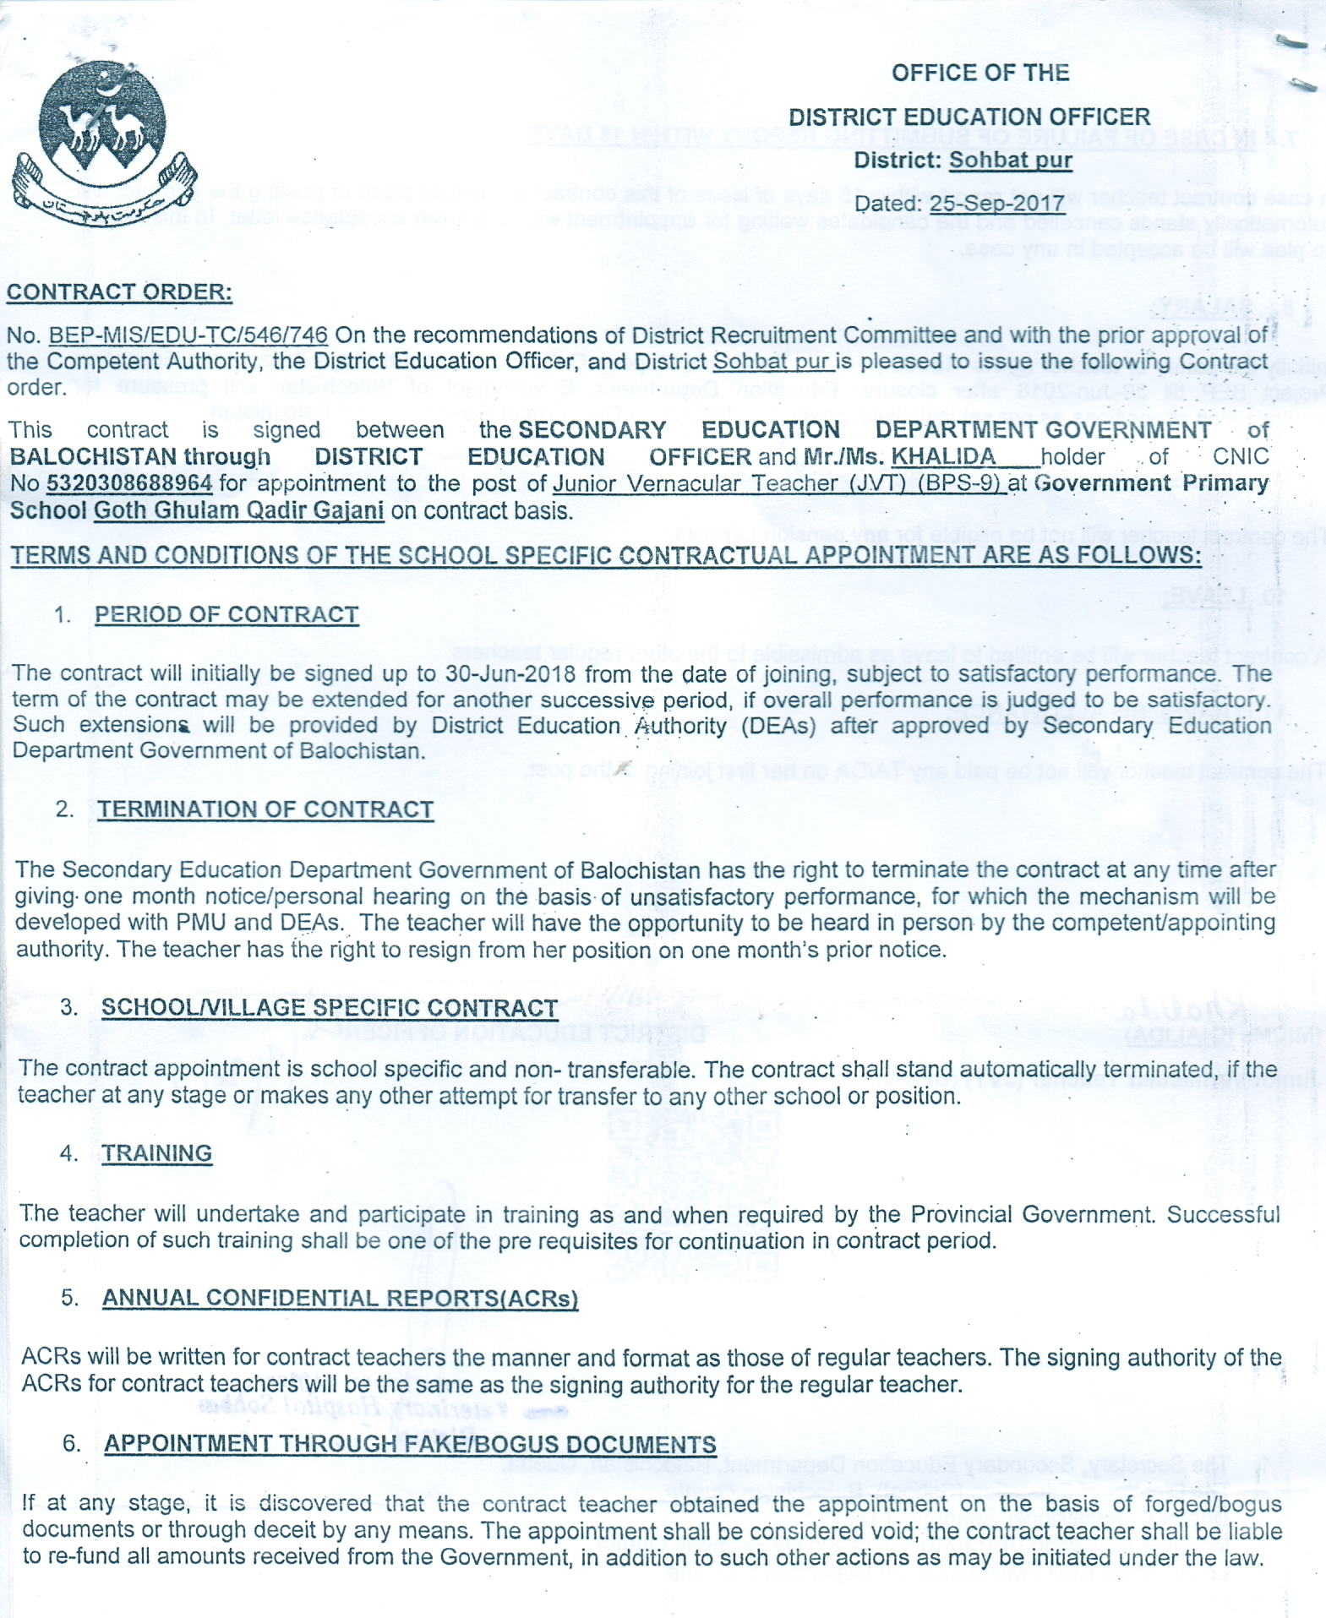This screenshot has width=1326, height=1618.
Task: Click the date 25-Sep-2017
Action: [996, 204]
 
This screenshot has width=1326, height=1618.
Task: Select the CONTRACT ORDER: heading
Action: [119, 292]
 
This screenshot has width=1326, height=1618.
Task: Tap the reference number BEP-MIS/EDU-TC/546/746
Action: [188, 335]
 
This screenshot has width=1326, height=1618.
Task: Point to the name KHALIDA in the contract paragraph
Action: [943, 457]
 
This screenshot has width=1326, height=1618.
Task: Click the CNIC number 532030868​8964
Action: [129, 484]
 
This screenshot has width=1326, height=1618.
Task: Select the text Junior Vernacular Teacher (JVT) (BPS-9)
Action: [778, 483]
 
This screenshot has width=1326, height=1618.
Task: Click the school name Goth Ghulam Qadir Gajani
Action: [238, 511]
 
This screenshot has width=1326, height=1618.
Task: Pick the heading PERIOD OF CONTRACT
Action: [226, 614]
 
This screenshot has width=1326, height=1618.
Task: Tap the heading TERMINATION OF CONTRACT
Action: [265, 809]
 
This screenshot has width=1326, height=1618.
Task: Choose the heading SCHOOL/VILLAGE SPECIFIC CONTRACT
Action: [330, 1008]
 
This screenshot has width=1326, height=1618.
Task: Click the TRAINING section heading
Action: [157, 1153]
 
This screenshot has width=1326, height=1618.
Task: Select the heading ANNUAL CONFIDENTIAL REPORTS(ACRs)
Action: [340, 1299]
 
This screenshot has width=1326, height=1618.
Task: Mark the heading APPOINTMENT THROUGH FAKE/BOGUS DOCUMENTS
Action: [410, 1444]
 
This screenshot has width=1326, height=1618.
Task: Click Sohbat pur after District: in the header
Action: [1010, 160]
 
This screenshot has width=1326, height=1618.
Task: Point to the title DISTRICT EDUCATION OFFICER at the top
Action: [969, 117]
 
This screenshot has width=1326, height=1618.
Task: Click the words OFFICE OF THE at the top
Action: [980, 73]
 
